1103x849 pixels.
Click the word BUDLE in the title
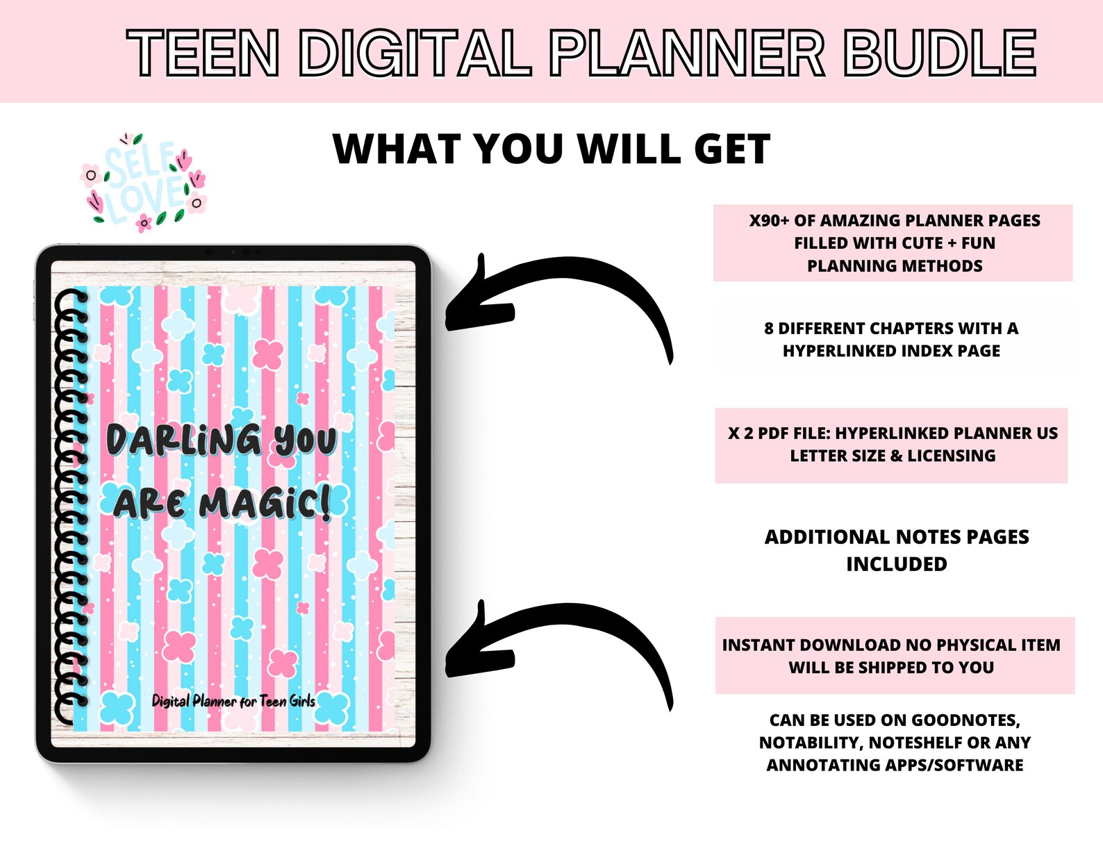click(x=940, y=53)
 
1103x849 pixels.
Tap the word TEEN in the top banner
click(x=203, y=53)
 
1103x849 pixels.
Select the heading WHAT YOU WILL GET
click(x=551, y=149)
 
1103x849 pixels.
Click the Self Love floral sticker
click(x=144, y=182)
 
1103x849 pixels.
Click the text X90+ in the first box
click(x=769, y=221)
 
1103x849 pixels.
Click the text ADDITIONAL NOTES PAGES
click(x=897, y=537)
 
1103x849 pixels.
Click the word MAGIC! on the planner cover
click(x=264, y=504)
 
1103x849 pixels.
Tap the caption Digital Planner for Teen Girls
click(x=233, y=701)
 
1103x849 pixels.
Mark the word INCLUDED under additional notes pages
click(x=897, y=564)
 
